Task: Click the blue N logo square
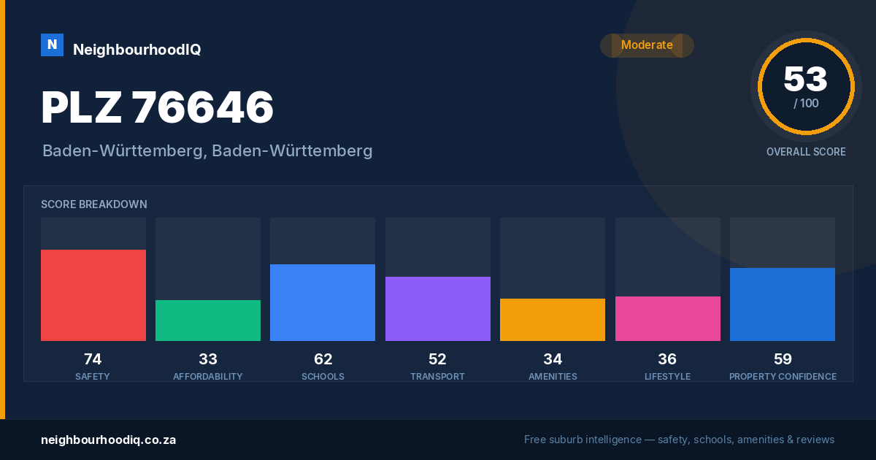pos(52,45)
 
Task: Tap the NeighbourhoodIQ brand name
pos(137,50)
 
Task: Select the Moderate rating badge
pos(647,45)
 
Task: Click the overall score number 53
pos(806,79)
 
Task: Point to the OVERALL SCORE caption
pos(806,152)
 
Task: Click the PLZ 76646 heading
pos(157,107)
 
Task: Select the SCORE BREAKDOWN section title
pos(94,204)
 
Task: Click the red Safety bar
pos(93,295)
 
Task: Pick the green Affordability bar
pos(208,321)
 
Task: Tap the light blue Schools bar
pos(323,303)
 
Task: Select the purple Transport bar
pos(438,309)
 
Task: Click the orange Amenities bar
pos(553,320)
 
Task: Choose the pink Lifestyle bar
pos(668,318)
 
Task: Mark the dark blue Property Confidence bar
pos(783,304)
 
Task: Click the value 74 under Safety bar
pos(93,359)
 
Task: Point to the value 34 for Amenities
pos(553,359)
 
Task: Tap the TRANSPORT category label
pos(437,376)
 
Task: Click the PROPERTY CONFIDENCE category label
pos(783,376)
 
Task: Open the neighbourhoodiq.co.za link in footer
pos(108,440)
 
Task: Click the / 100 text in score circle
pos(806,103)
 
